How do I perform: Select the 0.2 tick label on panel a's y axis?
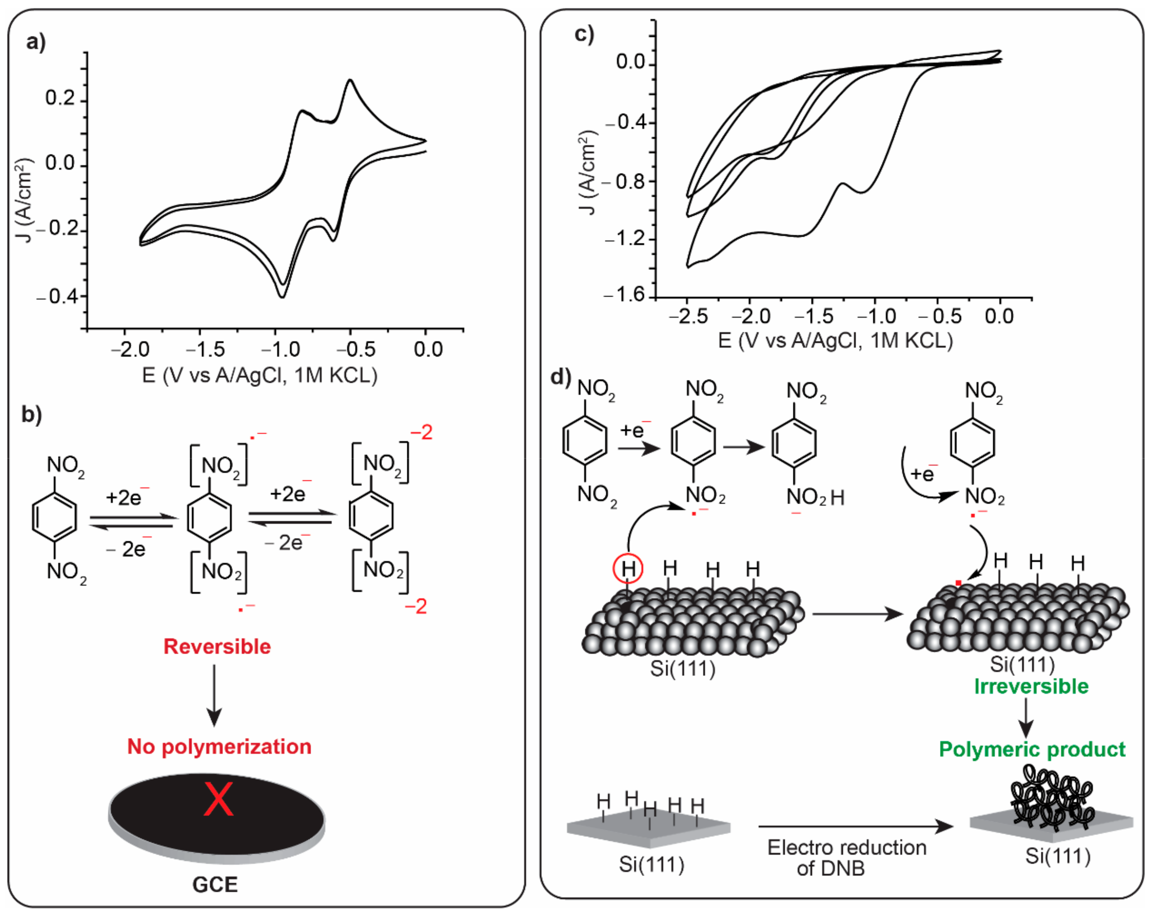point(60,98)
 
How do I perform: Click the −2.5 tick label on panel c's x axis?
point(688,316)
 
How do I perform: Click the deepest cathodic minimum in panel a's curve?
point(282,296)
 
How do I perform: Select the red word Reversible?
point(217,646)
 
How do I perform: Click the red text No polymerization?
point(219,746)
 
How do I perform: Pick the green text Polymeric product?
point(1032,749)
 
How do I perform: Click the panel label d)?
point(560,377)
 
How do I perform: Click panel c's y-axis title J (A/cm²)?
point(588,171)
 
